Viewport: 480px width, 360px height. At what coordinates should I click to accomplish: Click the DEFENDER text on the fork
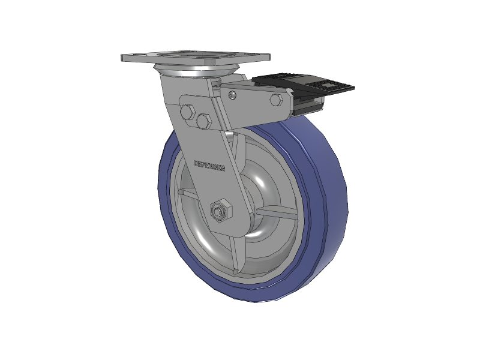[209, 166]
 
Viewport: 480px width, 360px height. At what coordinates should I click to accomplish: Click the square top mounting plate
[195, 58]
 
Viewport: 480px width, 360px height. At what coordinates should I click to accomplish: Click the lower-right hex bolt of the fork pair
[203, 122]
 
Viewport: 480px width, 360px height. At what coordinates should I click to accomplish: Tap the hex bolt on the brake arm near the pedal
[276, 100]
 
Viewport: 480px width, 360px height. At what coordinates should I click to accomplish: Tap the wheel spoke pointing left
[187, 194]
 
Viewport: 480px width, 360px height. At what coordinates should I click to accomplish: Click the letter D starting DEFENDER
[196, 163]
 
